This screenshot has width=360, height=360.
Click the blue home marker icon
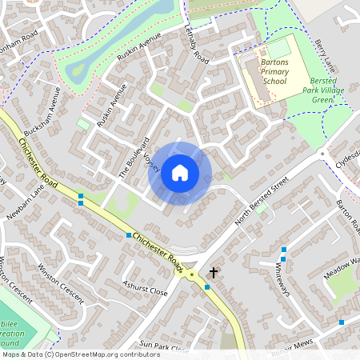180,172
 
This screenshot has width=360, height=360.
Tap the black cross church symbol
214,273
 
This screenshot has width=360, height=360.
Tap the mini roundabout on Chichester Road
192,274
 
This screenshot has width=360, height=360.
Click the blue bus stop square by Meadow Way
342,322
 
